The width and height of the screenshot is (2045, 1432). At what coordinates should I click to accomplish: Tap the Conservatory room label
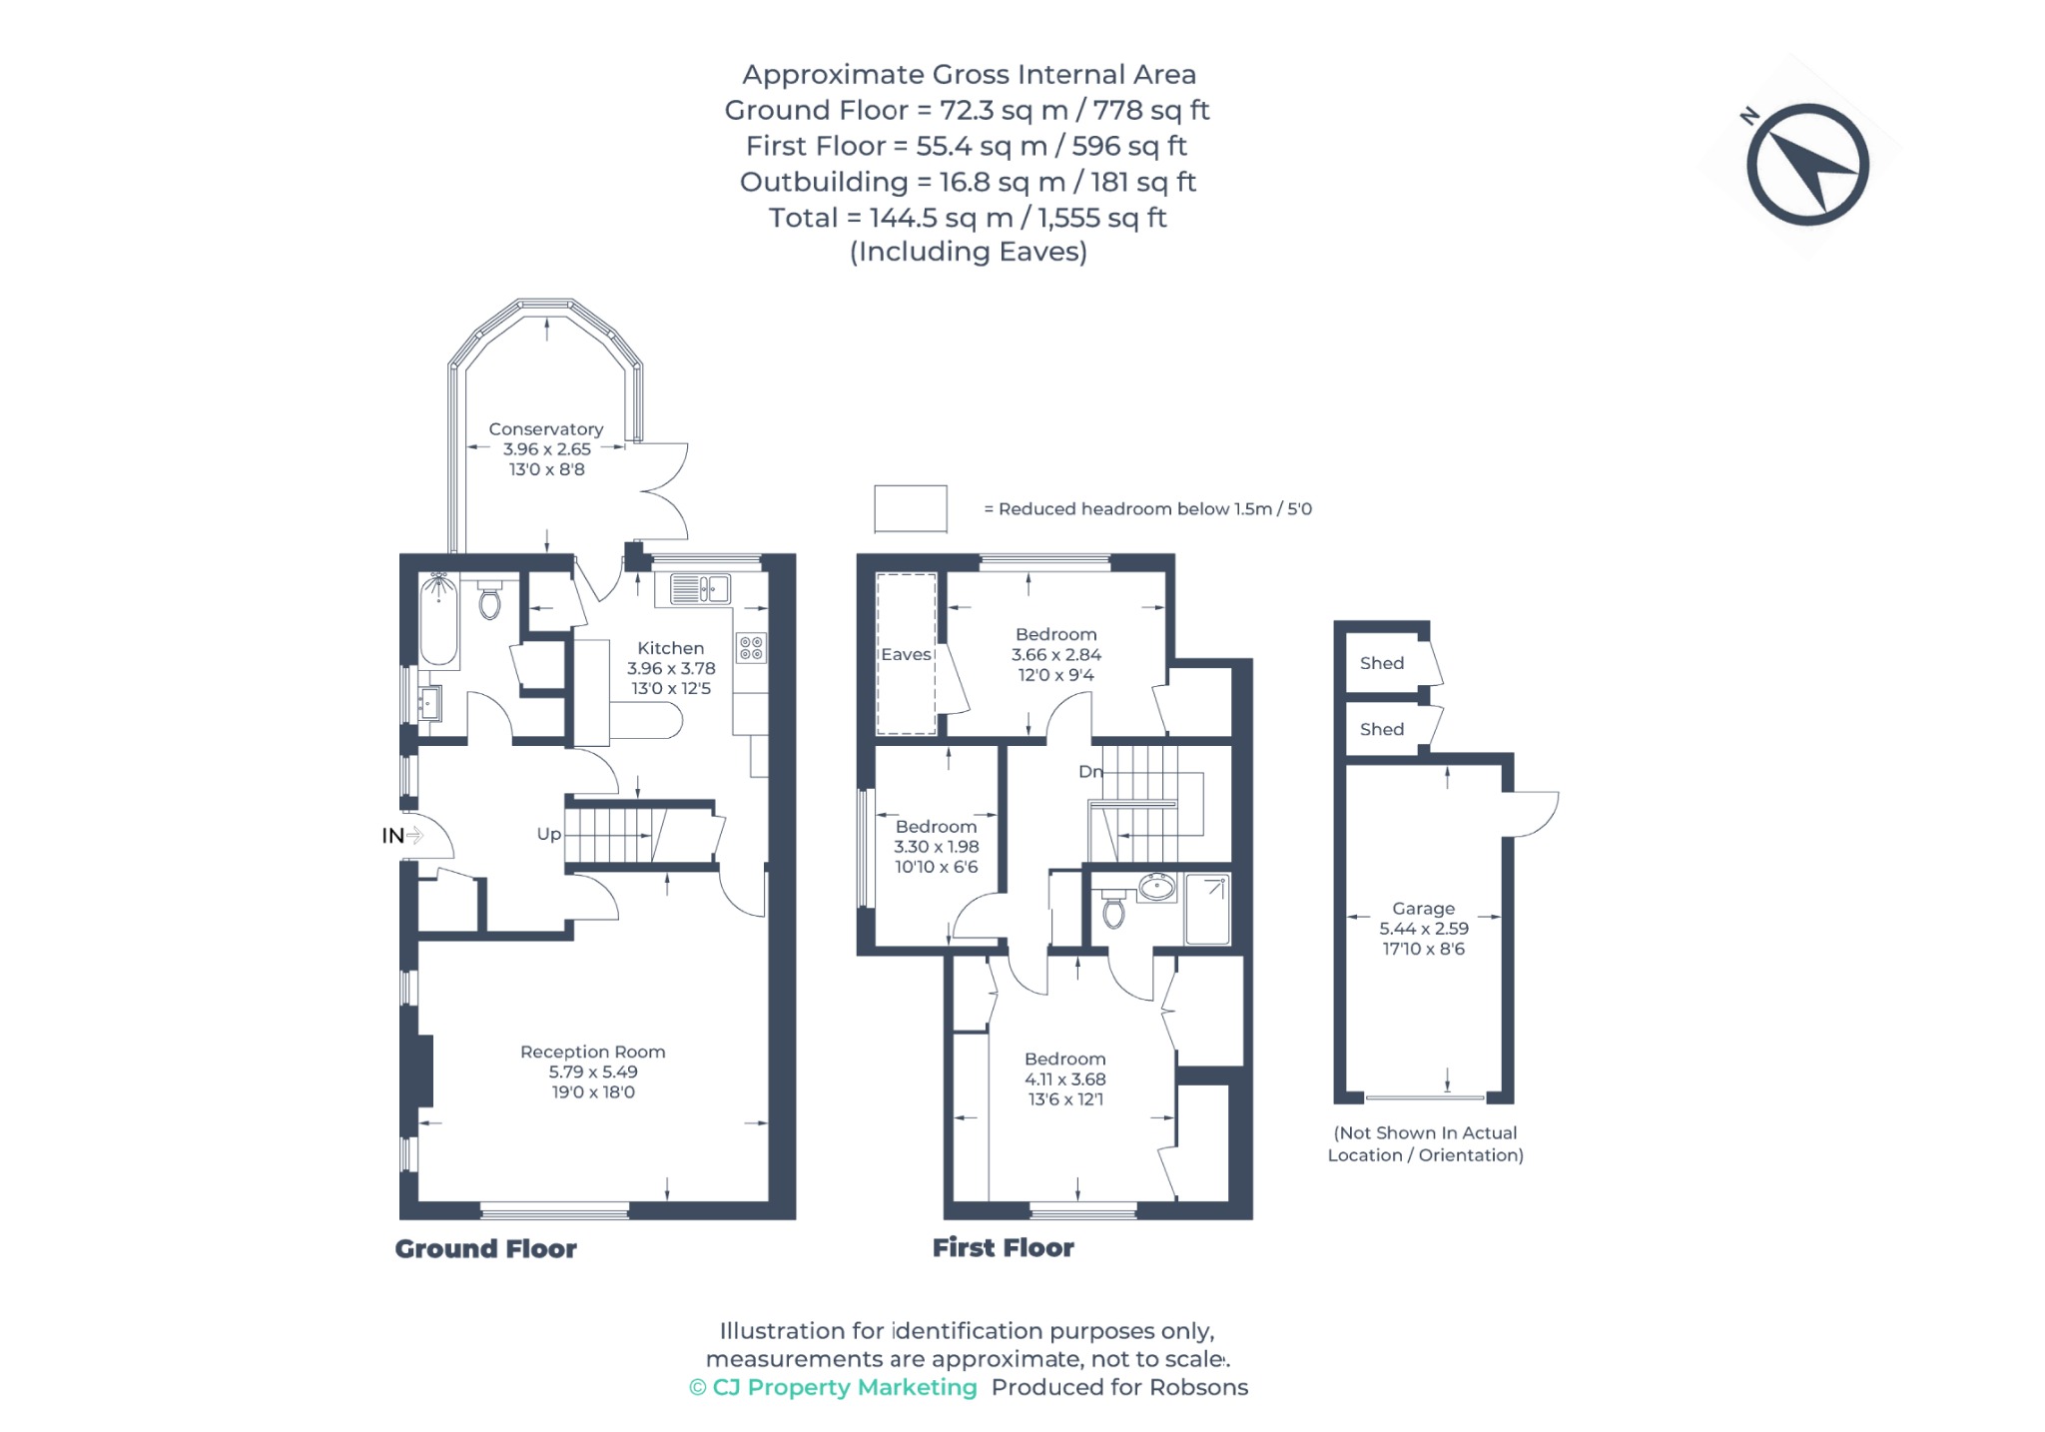546,429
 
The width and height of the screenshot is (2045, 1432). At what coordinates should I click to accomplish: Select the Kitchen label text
670,648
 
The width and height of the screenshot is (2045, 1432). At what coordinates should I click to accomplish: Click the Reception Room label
592,1052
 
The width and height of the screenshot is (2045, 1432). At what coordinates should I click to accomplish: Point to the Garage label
1423,909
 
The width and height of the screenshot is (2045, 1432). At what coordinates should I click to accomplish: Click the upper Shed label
1381,663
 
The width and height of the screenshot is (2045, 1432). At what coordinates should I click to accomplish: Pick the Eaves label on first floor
906,654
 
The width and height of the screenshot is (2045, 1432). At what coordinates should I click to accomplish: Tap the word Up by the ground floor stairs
548,834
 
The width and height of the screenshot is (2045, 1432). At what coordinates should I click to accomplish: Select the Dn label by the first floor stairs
1090,771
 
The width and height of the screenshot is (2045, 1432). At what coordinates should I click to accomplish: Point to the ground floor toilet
489,599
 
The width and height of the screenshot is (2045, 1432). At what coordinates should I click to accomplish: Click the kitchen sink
700,588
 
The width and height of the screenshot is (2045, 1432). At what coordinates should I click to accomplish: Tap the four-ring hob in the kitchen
752,647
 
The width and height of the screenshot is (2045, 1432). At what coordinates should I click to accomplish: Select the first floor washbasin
1157,887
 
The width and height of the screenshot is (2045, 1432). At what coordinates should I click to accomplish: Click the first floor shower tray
1207,909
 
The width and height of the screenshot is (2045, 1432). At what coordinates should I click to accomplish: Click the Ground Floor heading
486,1248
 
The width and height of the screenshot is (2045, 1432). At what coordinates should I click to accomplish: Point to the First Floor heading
1004,1247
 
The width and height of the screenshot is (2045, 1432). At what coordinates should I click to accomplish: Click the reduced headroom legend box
911,509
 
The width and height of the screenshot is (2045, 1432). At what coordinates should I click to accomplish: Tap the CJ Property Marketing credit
834,1387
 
